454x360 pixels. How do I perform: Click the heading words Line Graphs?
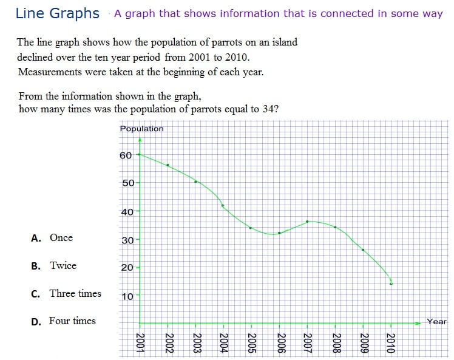(x=58, y=13)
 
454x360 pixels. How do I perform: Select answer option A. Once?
(x=52, y=238)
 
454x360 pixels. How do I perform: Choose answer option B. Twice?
(x=54, y=266)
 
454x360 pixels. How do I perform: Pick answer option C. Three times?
(x=66, y=294)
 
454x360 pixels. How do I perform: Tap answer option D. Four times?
(x=63, y=321)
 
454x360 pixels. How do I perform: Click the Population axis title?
(x=141, y=129)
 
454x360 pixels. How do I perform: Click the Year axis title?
(x=436, y=322)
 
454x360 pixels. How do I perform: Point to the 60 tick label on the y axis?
(x=126, y=155)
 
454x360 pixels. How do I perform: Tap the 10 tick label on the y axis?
(x=127, y=297)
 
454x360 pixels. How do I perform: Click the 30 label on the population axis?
(x=127, y=240)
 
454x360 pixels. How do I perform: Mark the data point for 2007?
(x=308, y=222)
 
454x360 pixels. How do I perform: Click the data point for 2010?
(x=391, y=283)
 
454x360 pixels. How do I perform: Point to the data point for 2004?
(x=223, y=206)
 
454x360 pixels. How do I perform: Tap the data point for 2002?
(x=168, y=165)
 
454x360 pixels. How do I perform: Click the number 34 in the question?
(x=272, y=109)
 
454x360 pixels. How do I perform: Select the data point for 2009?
(x=363, y=250)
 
